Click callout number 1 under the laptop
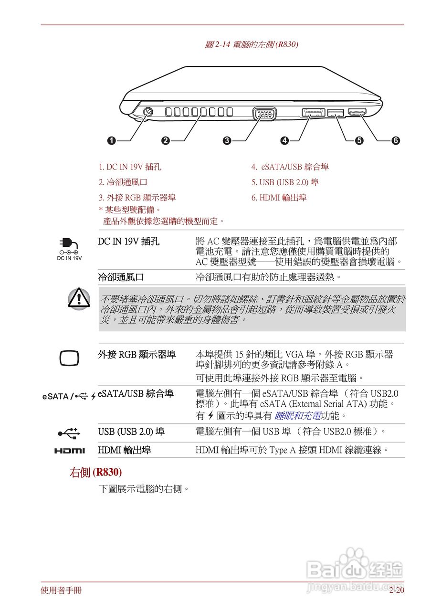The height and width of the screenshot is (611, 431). [111, 140]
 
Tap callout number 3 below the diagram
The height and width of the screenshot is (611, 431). [227, 140]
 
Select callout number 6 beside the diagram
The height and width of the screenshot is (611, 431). [395, 140]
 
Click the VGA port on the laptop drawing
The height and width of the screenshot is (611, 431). [264, 114]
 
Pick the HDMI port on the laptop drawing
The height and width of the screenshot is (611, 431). [357, 113]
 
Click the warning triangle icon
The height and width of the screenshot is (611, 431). [78, 298]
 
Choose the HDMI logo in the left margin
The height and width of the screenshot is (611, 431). [69, 451]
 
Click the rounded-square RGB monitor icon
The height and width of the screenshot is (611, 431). [69, 358]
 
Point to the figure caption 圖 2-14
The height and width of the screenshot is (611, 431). [251, 44]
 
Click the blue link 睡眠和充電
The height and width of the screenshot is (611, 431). [297, 416]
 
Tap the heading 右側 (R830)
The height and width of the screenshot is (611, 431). [95, 473]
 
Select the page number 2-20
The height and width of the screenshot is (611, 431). [396, 591]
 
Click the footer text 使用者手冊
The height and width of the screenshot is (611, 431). [61, 591]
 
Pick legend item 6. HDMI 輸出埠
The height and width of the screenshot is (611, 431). [279, 198]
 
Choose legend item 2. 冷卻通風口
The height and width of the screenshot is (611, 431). [123, 182]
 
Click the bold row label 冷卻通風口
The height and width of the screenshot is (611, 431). [121, 277]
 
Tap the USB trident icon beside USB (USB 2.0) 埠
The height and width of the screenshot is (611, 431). [69, 432]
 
